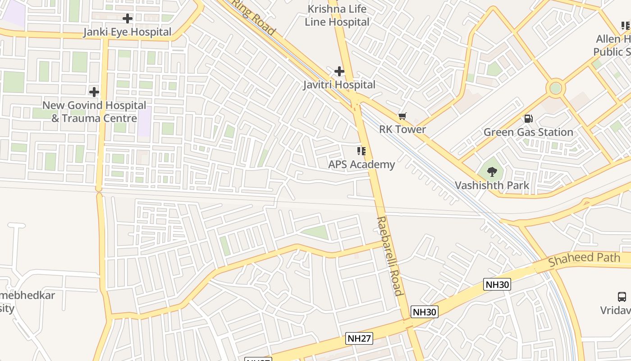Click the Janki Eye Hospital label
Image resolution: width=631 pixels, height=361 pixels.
[128, 32]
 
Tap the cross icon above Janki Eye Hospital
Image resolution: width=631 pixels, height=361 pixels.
[128, 19]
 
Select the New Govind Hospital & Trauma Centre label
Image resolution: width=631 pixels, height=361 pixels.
[94, 112]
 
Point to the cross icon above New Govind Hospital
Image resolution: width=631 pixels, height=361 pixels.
[94, 92]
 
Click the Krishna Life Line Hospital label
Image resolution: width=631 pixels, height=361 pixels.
[337, 15]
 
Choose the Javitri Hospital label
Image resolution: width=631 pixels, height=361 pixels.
[339, 85]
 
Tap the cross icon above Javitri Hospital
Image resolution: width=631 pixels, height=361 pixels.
[339, 71]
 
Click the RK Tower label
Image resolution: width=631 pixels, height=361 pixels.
[402, 130]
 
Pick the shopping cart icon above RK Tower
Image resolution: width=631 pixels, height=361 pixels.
[402, 116]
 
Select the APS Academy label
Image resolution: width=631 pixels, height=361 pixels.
[361, 164]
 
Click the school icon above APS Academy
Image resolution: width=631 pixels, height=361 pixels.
[361, 151]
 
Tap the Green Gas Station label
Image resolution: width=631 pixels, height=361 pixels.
[528, 132]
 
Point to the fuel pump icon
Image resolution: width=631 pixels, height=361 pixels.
[528, 119]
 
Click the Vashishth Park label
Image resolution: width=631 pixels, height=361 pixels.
[492, 185]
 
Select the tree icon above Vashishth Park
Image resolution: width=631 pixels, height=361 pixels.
[492, 171]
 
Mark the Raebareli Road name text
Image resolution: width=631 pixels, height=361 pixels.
[389, 256]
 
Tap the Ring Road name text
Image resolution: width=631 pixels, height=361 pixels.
[253, 17]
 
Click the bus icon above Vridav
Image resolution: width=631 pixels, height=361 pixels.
[622, 296]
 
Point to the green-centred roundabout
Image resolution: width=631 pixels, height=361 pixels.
[556, 88]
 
